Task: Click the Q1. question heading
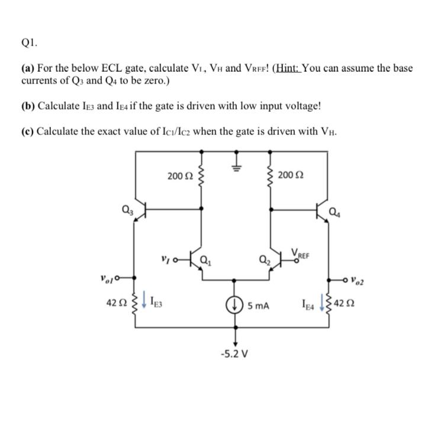coord(28,43)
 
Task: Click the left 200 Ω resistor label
coord(181,176)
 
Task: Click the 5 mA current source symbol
coord(236,306)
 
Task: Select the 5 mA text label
coord(259,306)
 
